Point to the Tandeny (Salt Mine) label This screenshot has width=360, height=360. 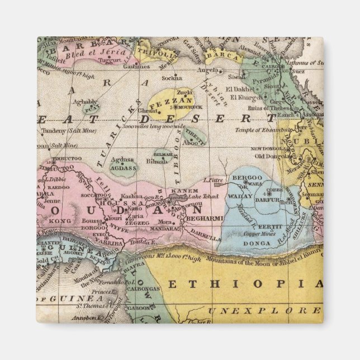(x=63, y=132)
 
